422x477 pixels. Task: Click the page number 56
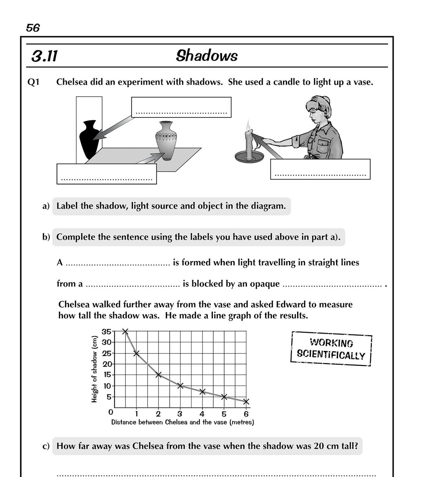click(33, 28)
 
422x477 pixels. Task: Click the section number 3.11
click(44, 56)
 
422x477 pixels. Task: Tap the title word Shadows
click(207, 56)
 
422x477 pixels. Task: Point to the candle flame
click(248, 125)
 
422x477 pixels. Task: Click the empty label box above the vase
click(181, 107)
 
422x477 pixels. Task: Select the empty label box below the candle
click(320, 169)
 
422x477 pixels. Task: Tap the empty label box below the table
click(107, 174)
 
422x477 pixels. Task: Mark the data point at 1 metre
click(136, 353)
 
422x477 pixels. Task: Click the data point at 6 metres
click(246, 401)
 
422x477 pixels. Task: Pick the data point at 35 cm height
click(125, 331)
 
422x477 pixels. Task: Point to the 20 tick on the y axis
click(107, 364)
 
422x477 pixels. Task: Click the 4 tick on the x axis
click(202, 414)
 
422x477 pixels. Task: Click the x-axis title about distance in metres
click(183, 422)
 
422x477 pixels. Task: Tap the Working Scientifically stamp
click(331, 349)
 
